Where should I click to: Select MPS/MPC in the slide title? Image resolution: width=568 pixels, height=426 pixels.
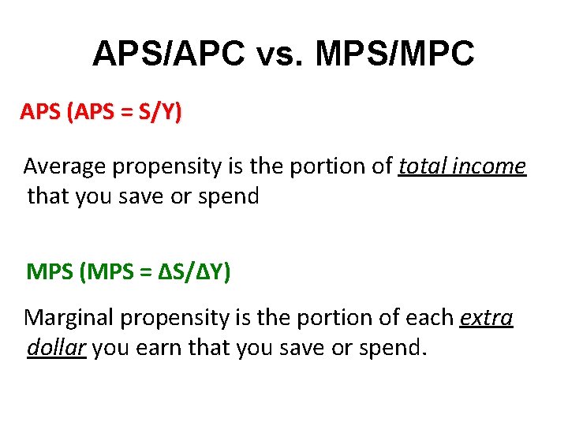point(395,54)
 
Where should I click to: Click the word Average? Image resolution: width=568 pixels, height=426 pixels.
point(65,166)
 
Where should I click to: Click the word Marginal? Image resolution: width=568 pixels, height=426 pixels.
point(73,318)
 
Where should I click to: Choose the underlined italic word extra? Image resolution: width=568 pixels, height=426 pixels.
point(486,318)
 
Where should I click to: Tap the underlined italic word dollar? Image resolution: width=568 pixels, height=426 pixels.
point(56,348)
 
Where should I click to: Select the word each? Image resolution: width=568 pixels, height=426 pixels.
point(431,318)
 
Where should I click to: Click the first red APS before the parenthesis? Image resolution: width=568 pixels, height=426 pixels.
point(42,113)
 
